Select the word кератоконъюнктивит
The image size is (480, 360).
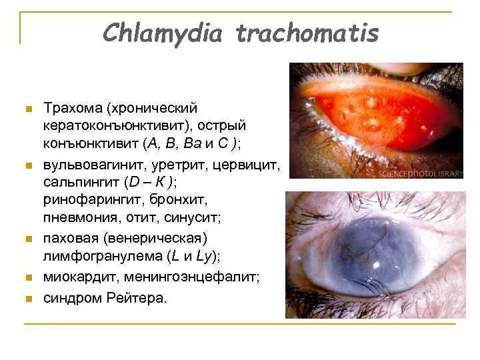pos(109,126)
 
